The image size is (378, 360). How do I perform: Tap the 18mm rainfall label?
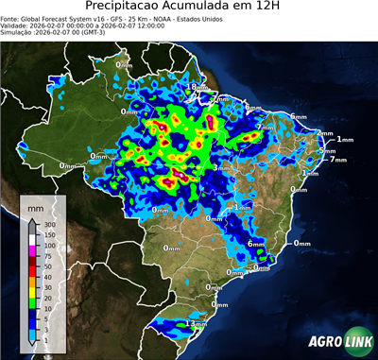(x=194, y=87)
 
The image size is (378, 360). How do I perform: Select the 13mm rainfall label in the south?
(x=197, y=323)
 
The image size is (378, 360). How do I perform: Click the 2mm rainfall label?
(x=325, y=133)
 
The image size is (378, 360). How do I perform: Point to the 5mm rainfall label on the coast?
(x=327, y=150)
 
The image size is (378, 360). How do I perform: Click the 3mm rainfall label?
(x=219, y=168)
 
